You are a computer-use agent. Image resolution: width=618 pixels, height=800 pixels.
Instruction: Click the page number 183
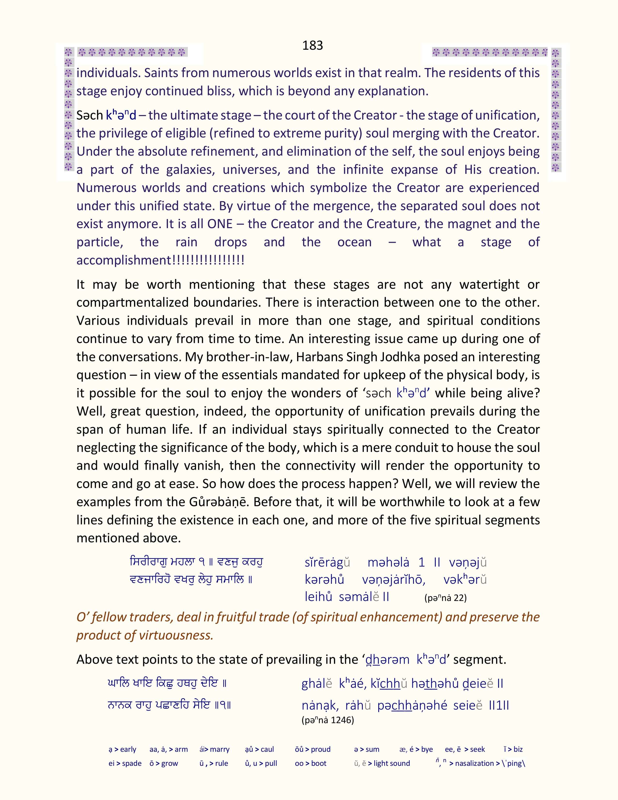[312, 45]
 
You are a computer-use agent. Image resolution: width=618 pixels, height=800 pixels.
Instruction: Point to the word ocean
[354, 242]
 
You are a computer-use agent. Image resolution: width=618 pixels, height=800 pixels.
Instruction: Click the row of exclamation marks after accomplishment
[208, 260]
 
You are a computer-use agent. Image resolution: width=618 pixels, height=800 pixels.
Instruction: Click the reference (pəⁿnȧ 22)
[445, 598]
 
